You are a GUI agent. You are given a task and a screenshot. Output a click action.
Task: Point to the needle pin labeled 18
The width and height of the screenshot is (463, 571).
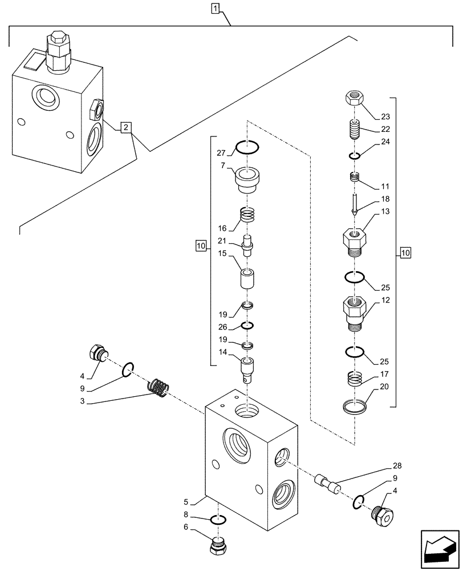[355, 203]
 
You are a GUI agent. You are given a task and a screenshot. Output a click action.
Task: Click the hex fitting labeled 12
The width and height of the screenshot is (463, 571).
[355, 313]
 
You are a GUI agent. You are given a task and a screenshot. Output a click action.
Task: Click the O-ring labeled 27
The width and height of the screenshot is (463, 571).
[247, 147]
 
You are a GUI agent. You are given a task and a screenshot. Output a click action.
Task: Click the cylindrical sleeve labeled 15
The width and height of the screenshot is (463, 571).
[247, 280]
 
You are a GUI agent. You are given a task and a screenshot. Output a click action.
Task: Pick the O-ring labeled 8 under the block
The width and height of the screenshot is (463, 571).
[218, 519]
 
